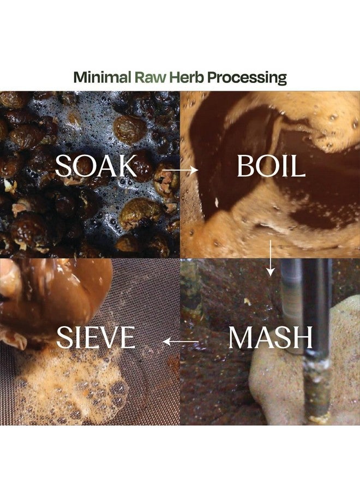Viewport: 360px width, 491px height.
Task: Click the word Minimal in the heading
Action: tap(102, 77)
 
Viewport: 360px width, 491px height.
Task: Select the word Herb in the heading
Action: tap(186, 77)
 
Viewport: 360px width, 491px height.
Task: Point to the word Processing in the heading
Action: tap(247, 77)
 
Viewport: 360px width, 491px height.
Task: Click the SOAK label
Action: tap(96, 166)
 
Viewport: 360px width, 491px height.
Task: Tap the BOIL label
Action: tap(271, 166)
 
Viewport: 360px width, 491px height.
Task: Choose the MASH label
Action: tap(271, 337)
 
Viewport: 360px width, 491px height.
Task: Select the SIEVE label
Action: tap(96, 337)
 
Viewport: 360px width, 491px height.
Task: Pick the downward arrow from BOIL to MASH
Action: tap(271, 258)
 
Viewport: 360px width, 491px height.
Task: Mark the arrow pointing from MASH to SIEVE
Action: tap(181, 342)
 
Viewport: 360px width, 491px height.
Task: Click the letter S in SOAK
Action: tap(62, 166)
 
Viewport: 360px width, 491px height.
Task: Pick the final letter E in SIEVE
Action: tap(128, 337)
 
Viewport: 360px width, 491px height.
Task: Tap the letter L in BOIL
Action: tap(299, 166)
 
